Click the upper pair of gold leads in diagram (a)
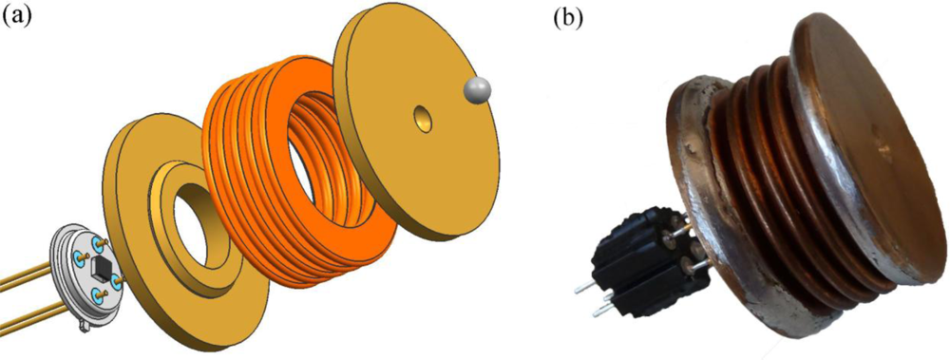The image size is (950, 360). point(28,277)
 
